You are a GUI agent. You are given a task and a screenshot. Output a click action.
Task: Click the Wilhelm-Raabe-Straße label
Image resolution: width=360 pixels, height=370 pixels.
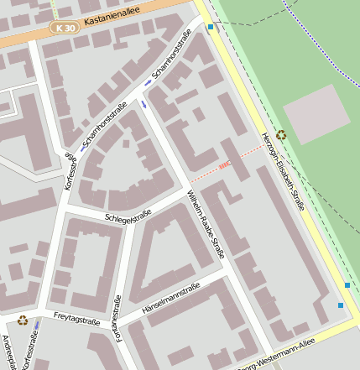(x=205, y=222)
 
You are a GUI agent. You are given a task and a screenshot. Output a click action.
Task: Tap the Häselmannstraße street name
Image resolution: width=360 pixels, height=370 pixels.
(x=171, y=297)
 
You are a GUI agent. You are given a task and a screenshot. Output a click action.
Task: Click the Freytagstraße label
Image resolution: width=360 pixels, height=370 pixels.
(x=76, y=316)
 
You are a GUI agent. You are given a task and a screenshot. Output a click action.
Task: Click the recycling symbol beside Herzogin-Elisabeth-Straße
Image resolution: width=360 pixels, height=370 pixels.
(x=280, y=134)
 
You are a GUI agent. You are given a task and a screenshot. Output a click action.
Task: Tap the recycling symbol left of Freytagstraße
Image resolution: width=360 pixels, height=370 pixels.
(x=23, y=319)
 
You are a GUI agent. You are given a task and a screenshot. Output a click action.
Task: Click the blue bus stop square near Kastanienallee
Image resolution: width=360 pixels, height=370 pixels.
(x=210, y=28)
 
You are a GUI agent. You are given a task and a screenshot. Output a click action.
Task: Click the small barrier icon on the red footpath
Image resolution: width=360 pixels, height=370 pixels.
(x=222, y=166)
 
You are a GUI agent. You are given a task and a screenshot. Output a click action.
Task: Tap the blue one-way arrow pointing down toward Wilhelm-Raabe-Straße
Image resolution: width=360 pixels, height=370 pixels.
(x=143, y=104)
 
